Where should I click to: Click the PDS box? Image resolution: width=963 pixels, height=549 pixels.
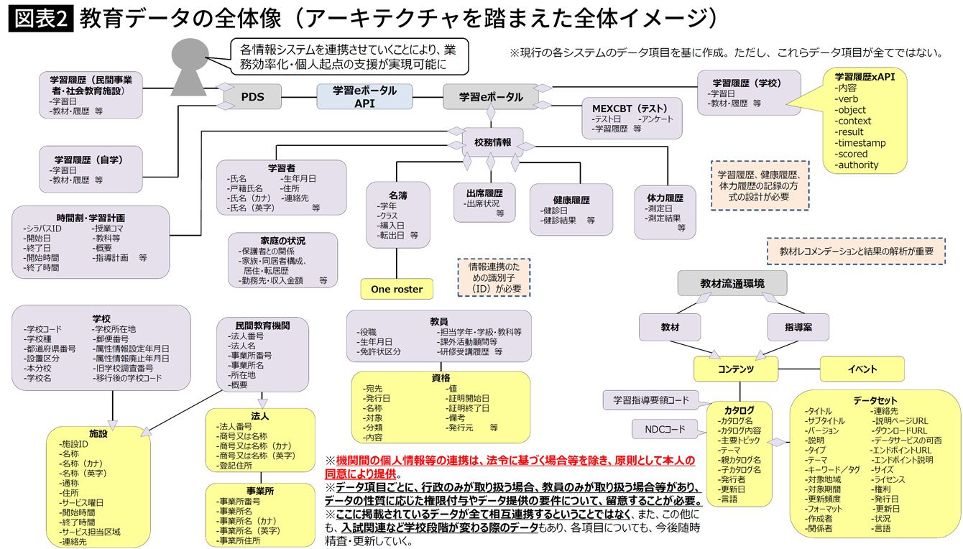tap(252, 97)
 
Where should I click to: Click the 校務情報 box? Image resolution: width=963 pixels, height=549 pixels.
tap(493, 142)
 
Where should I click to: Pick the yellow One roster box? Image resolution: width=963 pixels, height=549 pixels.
tap(397, 289)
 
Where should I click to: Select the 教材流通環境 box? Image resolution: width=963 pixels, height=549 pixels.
tap(732, 283)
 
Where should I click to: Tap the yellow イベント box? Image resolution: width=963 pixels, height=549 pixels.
tap(862, 369)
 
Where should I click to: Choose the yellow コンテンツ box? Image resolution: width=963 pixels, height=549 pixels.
tap(736, 369)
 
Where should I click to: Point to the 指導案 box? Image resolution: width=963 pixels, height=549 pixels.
tap(798, 327)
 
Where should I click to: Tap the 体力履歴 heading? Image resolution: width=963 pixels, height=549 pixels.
tap(665, 198)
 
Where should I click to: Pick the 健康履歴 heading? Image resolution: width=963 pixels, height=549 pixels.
tap(571, 200)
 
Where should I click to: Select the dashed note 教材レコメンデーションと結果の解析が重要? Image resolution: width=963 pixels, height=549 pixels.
tap(856, 252)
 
